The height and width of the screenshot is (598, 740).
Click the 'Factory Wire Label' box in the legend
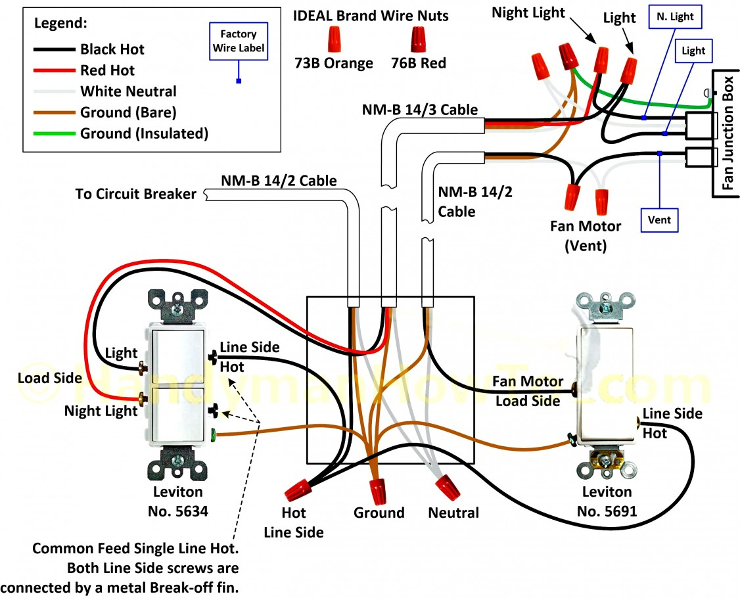click(x=238, y=39)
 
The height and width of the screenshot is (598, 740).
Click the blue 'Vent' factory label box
click(x=659, y=220)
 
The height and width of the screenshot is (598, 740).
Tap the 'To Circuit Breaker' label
click(x=135, y=194)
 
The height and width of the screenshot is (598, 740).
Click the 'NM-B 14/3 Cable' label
click(x=419, y=109)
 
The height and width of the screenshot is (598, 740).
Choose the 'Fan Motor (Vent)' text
click(x=586, y=235)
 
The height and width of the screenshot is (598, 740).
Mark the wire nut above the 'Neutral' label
click(x=448, y=486)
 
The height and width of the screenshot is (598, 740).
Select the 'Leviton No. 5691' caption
click(x=607, y=500)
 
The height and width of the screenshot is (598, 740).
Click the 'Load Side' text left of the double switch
click(x=50, y=378)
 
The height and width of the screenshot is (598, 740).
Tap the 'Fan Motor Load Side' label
click(x=528, y=390)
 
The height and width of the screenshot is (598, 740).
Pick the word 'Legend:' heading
click(x=60, y=24)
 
